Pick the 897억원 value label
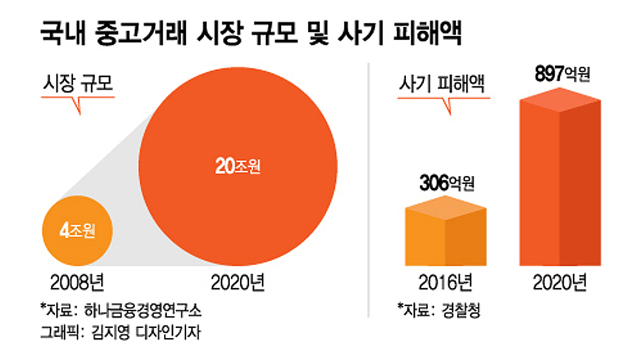(x=561, y=75)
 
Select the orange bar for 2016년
(x=445, y=237)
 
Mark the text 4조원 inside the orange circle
(x=77, y=233)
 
